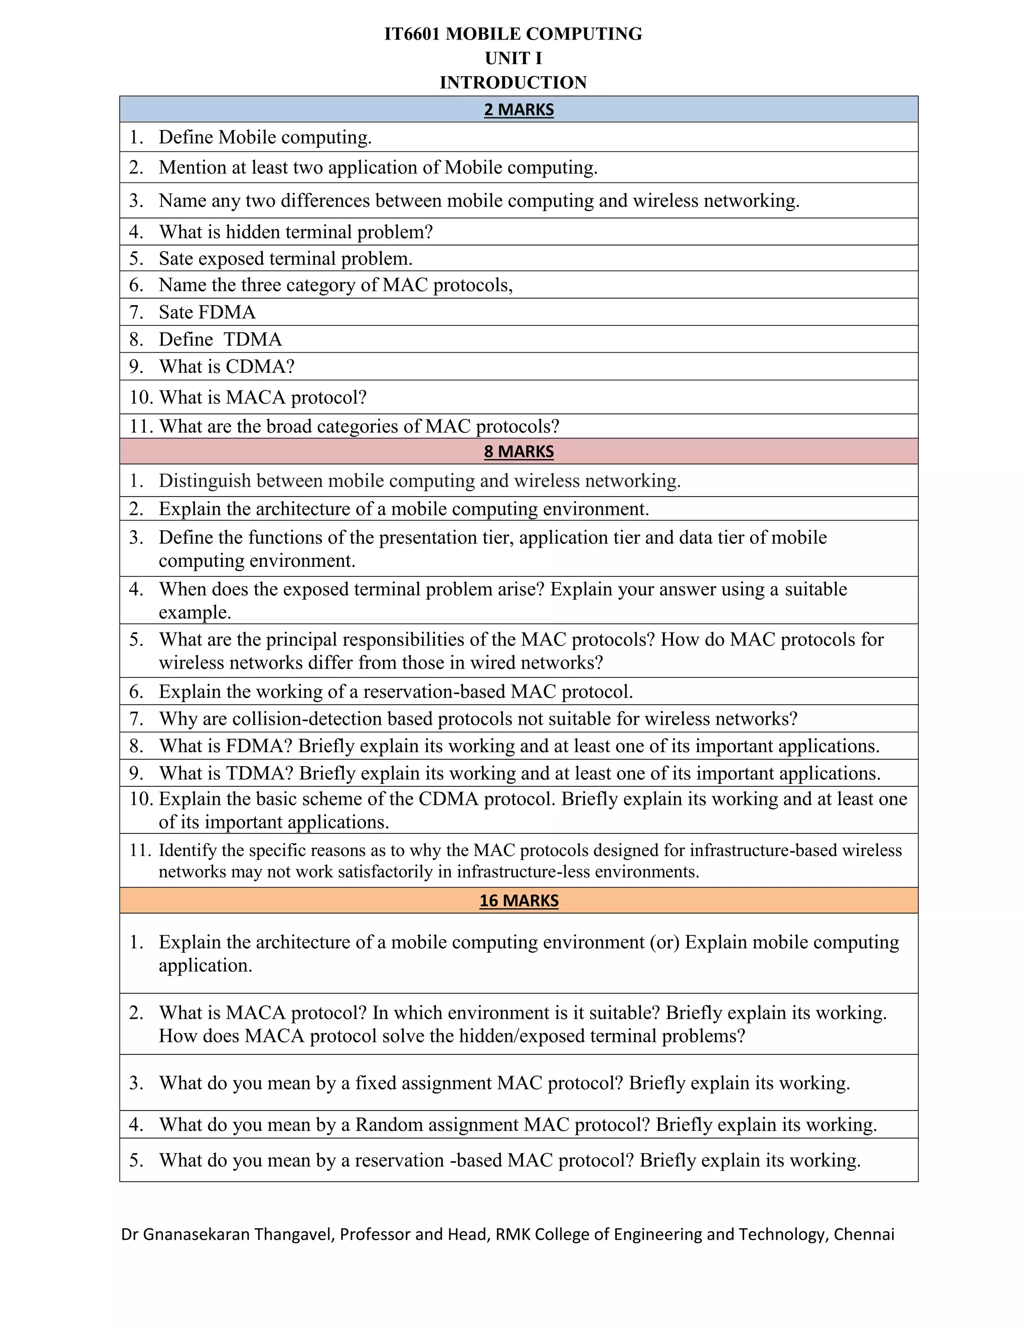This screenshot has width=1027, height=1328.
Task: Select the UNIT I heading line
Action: point(513,58)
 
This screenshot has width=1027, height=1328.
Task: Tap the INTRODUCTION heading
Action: point(513,83)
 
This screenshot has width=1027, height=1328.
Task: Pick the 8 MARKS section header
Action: point(519,451)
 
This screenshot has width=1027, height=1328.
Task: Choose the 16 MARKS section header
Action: point(519,901)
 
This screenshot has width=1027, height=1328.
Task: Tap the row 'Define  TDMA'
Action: point(220,339)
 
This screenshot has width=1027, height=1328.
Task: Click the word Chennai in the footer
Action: point(864,1234)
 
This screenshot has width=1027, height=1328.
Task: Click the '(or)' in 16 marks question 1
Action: point(664,943)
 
